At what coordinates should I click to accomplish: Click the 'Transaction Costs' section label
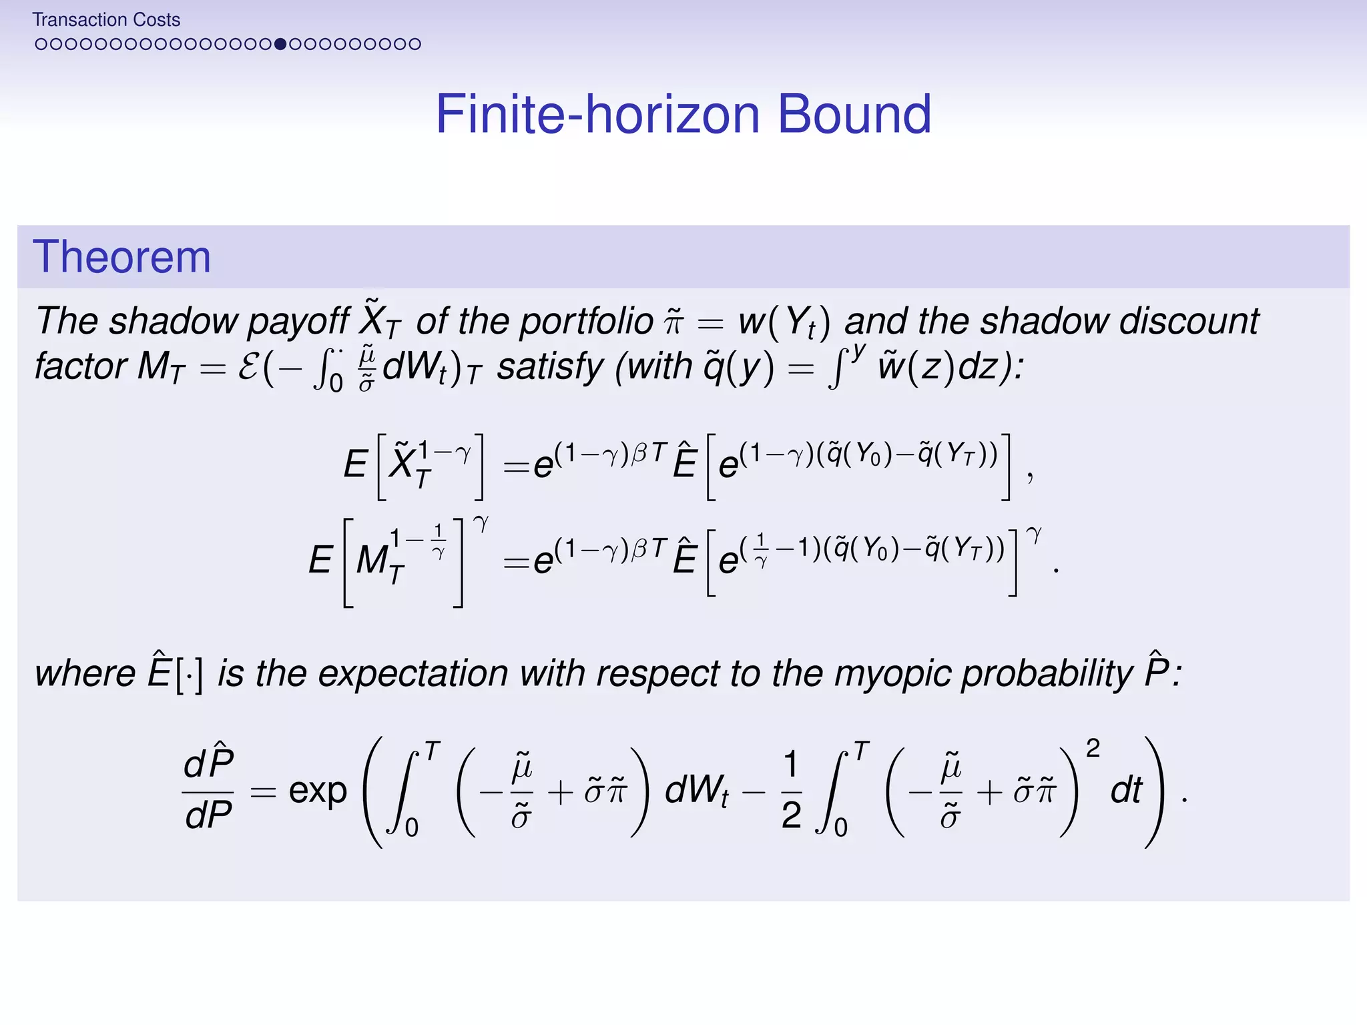click(x=106, y=20)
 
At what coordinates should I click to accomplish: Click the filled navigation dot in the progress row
click(x=280, y=44)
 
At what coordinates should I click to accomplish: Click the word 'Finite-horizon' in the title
click(x=597, y=114)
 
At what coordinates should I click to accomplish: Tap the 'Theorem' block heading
click(x=121, y=257)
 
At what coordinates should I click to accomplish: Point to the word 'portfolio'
click(x=587, y=322)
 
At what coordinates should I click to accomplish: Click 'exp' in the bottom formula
click(x=318, y=792)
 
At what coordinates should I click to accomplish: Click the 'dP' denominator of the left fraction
click(x=209, y=815)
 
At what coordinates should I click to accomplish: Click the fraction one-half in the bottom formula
click(x=791, y=790)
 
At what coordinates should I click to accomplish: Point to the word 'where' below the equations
click(x=85, y=673)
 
